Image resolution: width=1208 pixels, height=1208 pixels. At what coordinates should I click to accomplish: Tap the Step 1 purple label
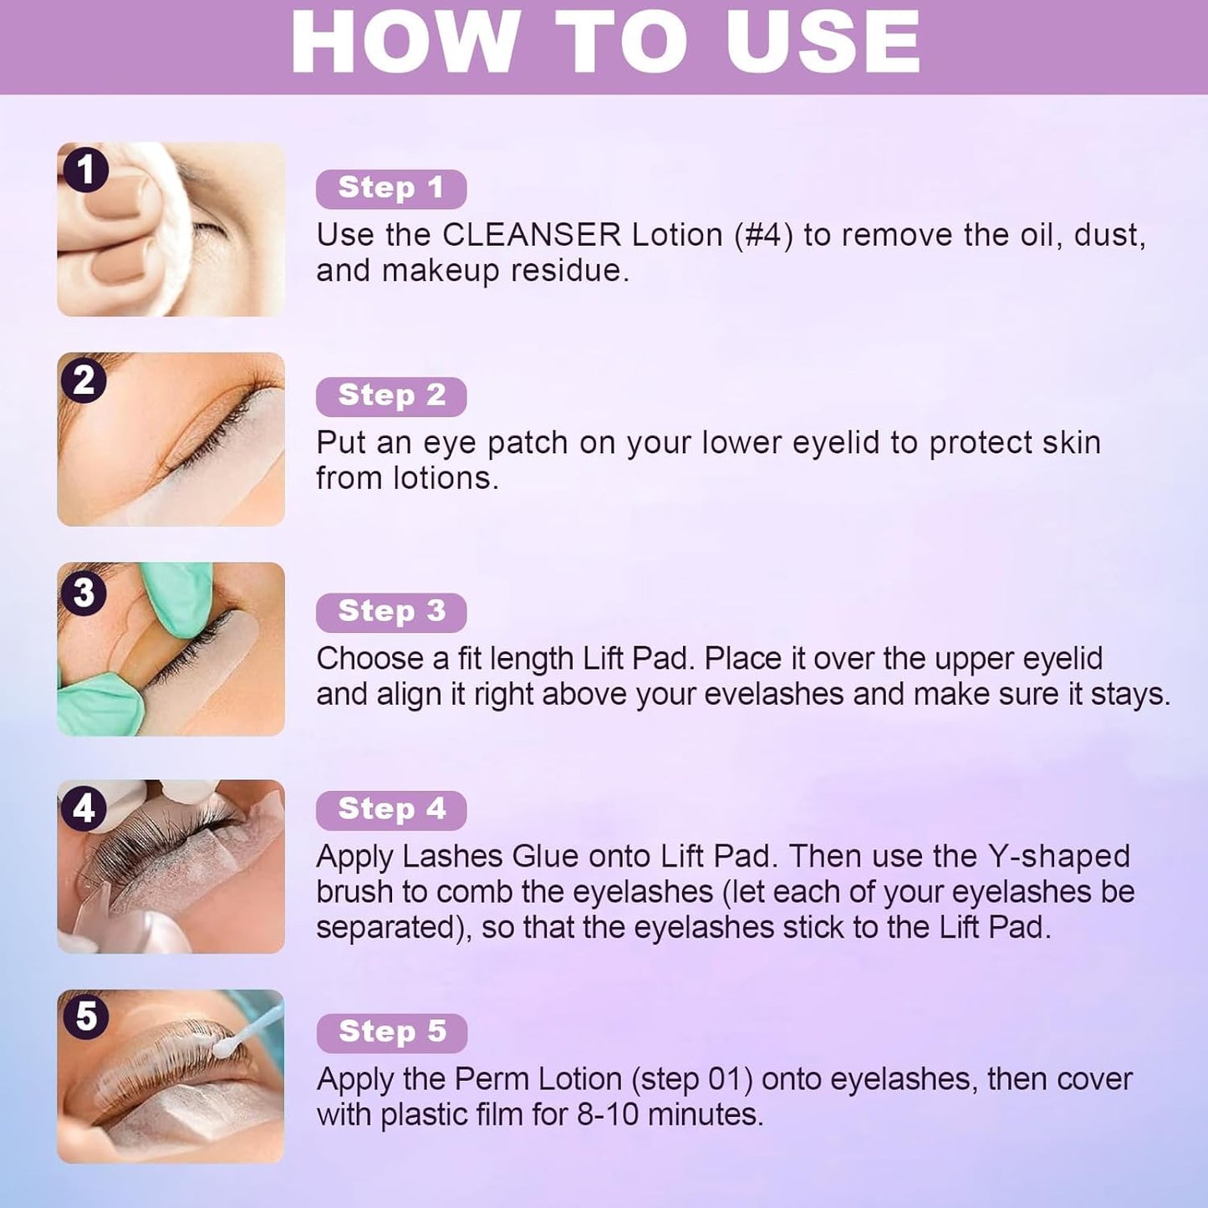coord(391,189)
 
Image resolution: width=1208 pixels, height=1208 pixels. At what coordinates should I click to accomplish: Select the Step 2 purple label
coord(391,397)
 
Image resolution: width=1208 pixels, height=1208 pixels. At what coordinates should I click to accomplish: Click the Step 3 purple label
coord(391,613)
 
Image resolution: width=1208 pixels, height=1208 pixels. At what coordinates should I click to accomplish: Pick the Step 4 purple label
coord(391,811)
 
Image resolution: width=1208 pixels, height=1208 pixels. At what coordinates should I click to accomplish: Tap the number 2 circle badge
coord(84,380)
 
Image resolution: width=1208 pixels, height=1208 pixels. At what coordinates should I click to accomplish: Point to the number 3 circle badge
coord(84,593)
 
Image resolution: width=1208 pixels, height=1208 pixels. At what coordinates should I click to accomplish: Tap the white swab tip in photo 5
coord(222,1046)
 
